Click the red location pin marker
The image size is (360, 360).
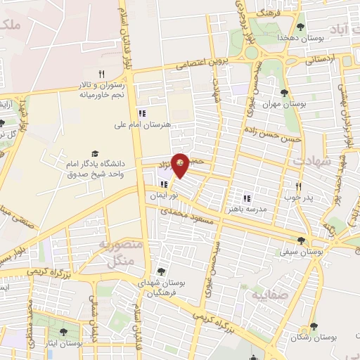click(x=180, y=164)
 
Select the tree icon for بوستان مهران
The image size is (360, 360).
click(x=284, y=93)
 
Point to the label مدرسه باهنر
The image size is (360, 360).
click(x=247, y=209)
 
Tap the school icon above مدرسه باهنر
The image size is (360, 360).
click(x=247, y=198)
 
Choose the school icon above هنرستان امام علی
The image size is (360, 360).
click(x=142, y=113)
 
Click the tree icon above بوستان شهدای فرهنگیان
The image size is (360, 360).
click(x=162, y=271)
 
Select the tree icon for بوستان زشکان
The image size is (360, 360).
click(x=314, y=326)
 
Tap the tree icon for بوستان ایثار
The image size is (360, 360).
click(x=64, y=332)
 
